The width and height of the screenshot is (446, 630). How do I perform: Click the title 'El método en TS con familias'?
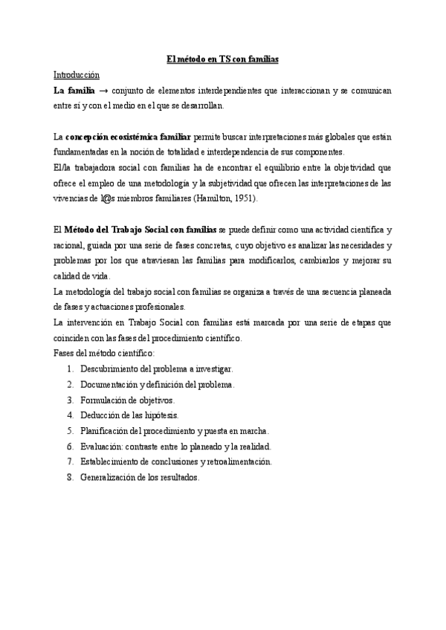pyautogui.click(x=222, y=59)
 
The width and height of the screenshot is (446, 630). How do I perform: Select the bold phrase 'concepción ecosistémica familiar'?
pyautogui.click(x=129, y=137)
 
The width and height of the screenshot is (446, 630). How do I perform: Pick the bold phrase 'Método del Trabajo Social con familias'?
pyautogui.click(x=141, y=230)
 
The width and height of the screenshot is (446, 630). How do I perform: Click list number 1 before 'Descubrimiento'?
pyautogui.click(x=69, y=368)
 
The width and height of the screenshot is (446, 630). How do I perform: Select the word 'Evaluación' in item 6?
pyautogui.click(x=101, y=446)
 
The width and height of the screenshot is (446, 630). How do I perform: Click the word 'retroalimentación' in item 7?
pyautogui.click(x=237, y=461)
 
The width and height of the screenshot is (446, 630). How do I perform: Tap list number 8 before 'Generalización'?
pyautogui.click(x=69, y=478)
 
